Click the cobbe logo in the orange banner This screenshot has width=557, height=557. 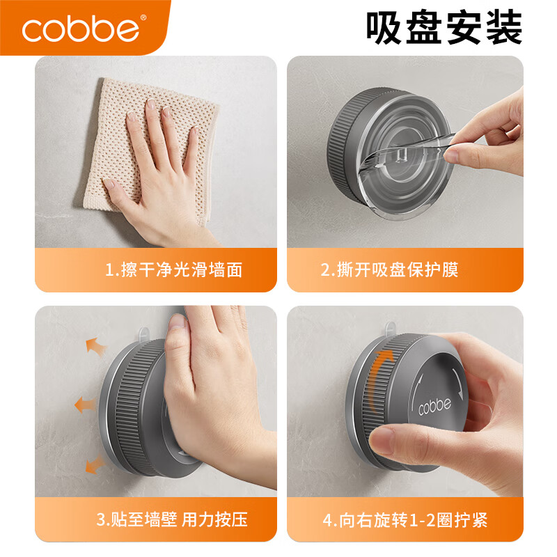pyautogui.click(x=81, y=29)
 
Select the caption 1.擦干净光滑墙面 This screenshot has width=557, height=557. pyautogui.click(x=173, y=269)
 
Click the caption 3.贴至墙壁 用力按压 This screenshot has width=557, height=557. pyautogui.click(x=171, y=519)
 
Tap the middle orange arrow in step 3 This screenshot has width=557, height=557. pyautogui.click(x=86, y=403)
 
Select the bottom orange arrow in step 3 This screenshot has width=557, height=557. pyautogui.click(x=95, y=464)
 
